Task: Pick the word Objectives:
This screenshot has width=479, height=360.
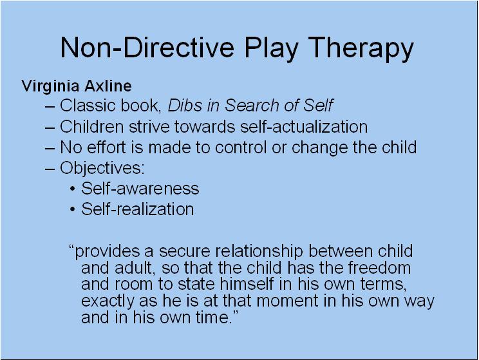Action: click(102, 168)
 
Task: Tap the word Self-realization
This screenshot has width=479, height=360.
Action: click(137, 209)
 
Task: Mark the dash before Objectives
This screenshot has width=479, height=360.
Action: click(51, 168)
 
